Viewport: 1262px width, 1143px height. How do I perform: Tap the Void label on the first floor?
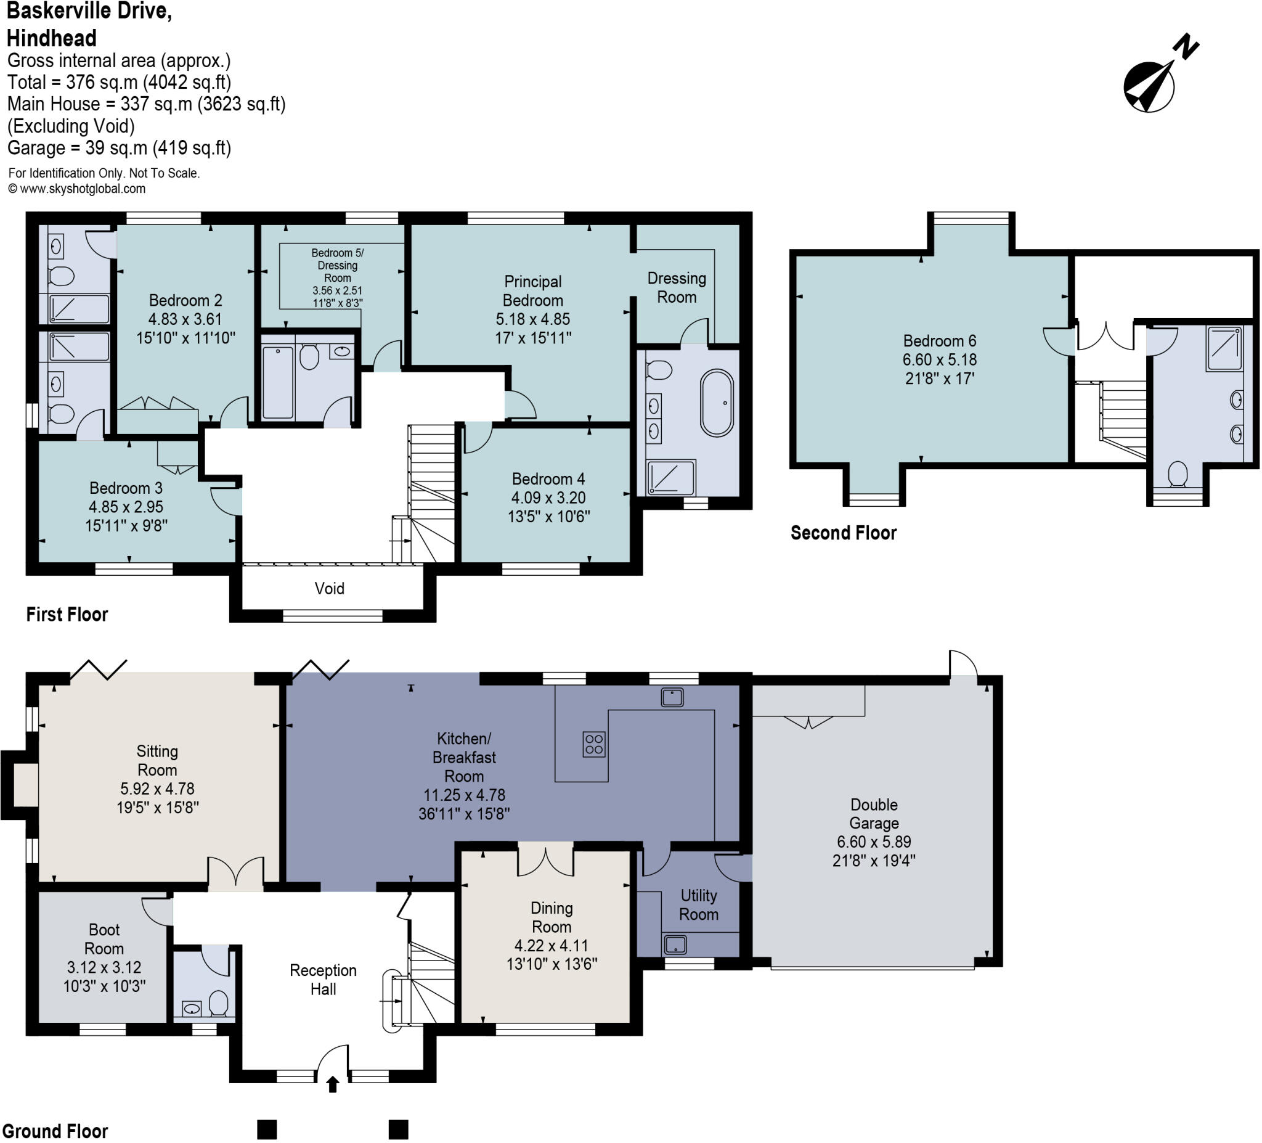329,588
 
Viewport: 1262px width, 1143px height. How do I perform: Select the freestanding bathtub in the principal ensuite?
717,404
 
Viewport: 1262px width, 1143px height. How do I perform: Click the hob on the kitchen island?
594,744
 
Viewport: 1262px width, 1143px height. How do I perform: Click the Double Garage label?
874,814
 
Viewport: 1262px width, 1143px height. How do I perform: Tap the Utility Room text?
699,904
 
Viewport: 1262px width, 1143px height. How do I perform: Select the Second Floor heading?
843,533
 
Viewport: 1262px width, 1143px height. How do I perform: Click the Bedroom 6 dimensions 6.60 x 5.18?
939,359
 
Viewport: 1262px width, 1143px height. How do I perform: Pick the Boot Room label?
104,939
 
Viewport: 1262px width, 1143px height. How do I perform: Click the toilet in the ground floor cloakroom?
218,1002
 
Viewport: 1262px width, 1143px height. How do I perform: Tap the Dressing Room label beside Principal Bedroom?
677,287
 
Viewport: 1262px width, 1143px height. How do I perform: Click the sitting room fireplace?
25,785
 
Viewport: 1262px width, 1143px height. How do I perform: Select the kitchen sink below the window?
672,697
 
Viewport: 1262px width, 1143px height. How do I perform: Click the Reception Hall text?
323,980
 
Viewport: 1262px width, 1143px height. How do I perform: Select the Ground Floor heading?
55,1131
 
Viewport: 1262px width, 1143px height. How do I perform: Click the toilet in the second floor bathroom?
1178,474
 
